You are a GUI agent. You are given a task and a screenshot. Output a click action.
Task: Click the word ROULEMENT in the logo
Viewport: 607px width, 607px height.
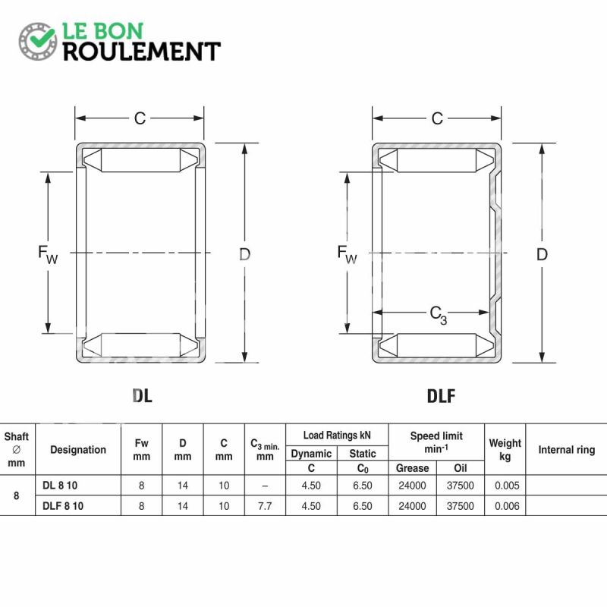click(142, 52)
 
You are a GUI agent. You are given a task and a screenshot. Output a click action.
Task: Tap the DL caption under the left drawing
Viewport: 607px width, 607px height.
click(142, 395)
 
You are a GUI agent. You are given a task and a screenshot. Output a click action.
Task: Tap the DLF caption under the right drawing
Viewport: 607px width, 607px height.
click(441, 395)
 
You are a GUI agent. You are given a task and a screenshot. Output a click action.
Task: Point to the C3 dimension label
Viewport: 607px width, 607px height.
click(439, 315)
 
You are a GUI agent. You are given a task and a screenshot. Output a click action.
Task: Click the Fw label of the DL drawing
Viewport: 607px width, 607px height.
click(48, 254)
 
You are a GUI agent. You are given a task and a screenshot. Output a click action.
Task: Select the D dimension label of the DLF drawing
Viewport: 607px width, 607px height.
click(542, 254)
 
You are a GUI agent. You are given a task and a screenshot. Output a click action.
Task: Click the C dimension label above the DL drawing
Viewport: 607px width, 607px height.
click(140, 118)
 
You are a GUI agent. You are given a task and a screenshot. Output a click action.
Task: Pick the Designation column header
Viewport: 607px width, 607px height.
click(78, 449)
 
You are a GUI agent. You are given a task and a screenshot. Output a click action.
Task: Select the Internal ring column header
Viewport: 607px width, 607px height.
click(566, 449)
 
